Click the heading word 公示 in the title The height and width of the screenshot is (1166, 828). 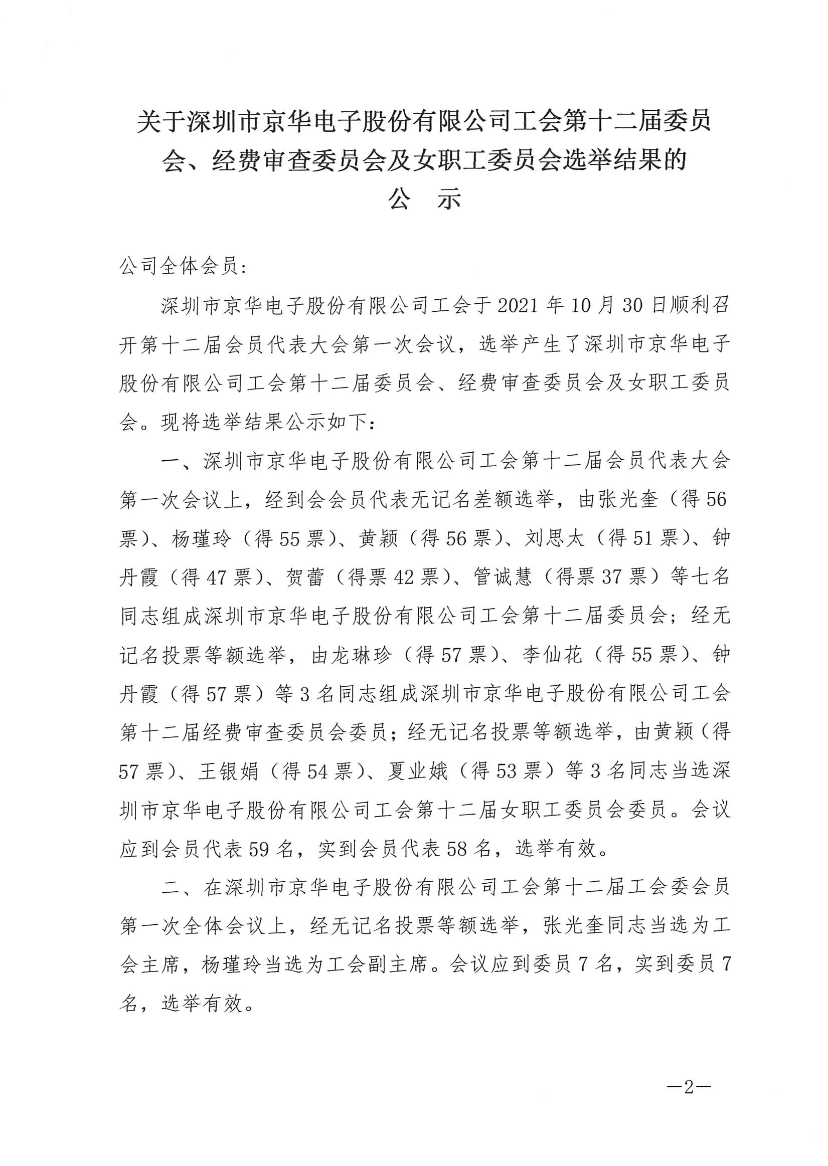click(x=425, y=201)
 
